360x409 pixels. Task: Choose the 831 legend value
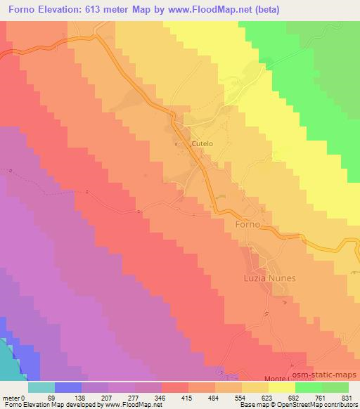(x=347, y=397)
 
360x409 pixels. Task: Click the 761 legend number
(x=321, y=397)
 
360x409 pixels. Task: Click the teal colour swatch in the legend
(x=41, y=387)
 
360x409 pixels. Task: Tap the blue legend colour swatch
(x=68, y=387)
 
